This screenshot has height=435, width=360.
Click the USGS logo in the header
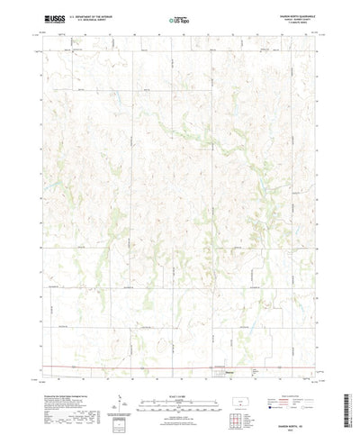pos(51,18)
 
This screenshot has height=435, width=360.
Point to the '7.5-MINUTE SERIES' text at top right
pos(297,23)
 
